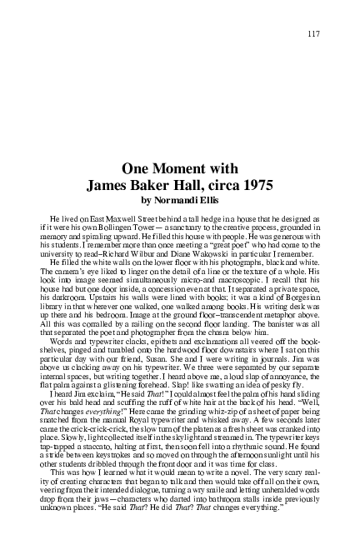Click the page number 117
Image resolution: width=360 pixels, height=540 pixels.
[x=312, y=33]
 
